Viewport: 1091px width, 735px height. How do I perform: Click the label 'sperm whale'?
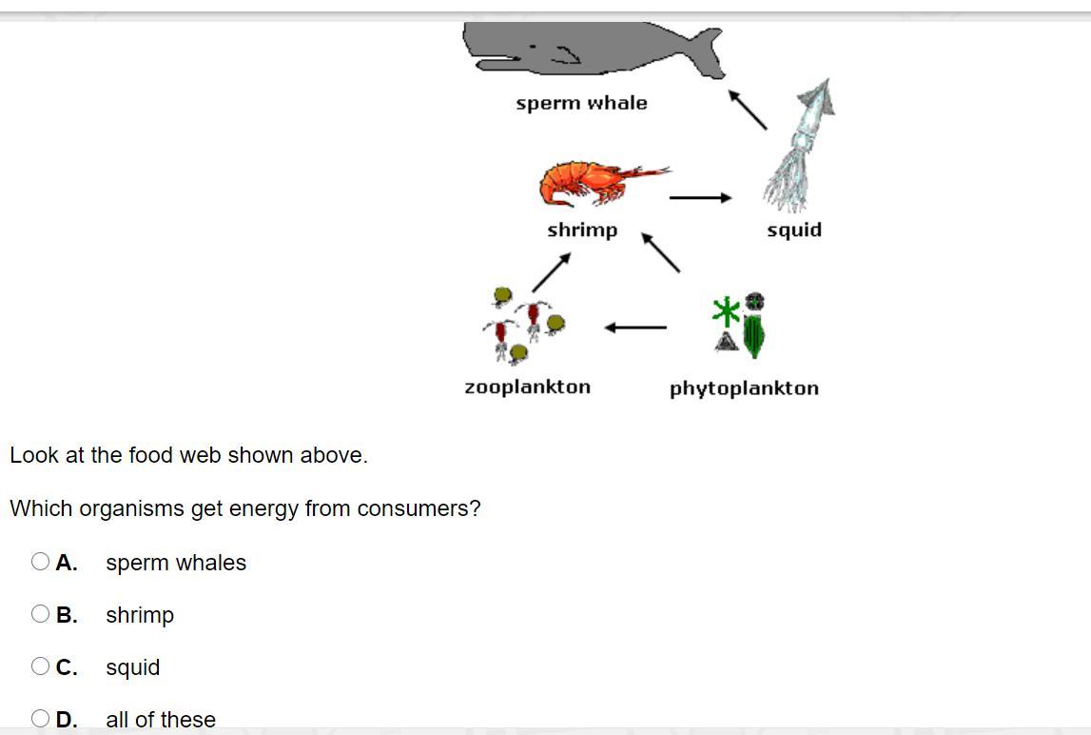pyautogui.click(x=581, y=103)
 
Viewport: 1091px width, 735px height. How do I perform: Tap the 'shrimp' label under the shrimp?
pyautogui.click(x=582, y=229)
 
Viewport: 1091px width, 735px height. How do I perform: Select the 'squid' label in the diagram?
pyautogui.click(x=794, y=229)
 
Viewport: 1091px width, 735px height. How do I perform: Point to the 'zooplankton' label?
pyautogui.click(x=527, y=387)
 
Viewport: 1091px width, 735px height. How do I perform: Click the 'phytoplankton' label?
pyautogui.click(x=744, y=388)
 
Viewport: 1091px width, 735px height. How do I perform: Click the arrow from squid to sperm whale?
pyautogui.click(x=748, y=109)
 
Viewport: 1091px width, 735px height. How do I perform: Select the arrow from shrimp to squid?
pyautogui.click(x=700, y=198)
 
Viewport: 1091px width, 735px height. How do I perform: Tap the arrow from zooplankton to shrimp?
pyautogui.click(x=551, y=272)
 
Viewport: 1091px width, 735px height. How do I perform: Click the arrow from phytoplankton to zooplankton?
pyautogui.click(x=635, y=328)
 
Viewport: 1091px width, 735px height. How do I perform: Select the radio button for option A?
pyautogui.click(x=40, y=562)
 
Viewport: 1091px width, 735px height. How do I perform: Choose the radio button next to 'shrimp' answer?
pyautogui.click(x=40, y=614)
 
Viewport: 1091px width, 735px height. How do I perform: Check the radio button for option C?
pyautogui.click(x=40, y=666)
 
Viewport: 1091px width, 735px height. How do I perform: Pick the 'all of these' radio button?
pyautogui.click(x=40, y=719)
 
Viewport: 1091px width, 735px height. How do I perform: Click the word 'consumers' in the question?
pyautogui.click(x=425, y=508)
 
